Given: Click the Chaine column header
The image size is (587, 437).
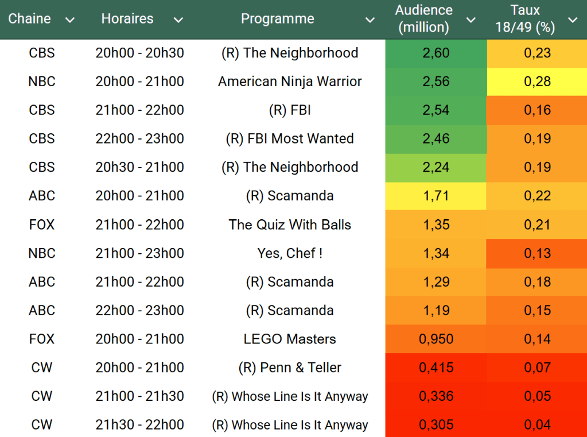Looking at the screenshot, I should point(30,19).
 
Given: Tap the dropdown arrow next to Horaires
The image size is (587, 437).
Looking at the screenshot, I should point(178,20).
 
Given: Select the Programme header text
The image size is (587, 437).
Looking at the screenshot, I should point(277,19).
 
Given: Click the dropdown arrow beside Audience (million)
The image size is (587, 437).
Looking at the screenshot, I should point(471,20).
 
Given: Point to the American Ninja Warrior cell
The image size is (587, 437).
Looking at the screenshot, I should point(290,82).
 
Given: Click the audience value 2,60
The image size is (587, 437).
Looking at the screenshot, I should point(436,53).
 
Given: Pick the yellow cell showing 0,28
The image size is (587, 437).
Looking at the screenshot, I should point(537,82).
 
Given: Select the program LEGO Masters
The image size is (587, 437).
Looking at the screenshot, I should point(290,339).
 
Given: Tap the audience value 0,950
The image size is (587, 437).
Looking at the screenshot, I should point(436,339).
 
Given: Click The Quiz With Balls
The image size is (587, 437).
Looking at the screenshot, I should point(290,225).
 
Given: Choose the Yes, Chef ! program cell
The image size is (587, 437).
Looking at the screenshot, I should point(290,253).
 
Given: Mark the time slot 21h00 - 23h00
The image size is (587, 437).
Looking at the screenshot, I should point(140,253).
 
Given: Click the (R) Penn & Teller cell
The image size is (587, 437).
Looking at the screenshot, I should point(290,368).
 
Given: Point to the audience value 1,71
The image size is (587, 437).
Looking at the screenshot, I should point(436,196).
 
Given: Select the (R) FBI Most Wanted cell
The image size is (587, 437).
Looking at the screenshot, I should point(290,138).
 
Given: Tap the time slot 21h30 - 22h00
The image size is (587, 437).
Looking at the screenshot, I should point(140,425).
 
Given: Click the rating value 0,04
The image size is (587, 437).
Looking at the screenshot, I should point(537,425).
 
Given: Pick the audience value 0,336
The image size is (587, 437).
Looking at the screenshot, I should point(436,396).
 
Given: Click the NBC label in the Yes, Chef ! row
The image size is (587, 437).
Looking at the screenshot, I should point(42,253).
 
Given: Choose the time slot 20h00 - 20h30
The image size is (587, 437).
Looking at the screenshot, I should point(140,53).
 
